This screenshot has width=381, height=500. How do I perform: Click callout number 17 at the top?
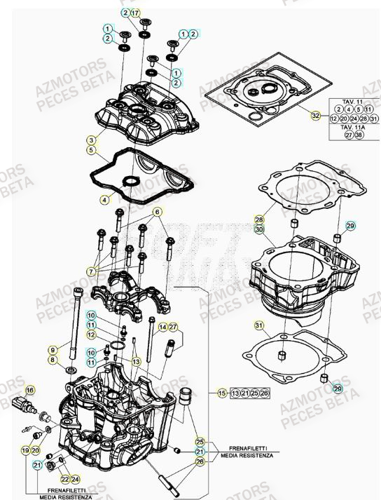136,13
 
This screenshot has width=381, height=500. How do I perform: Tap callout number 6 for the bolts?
158,211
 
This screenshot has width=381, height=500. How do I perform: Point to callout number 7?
91,271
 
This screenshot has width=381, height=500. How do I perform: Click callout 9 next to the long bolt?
53,349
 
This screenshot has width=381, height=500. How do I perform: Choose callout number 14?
162,327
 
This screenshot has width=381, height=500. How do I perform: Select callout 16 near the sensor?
30,389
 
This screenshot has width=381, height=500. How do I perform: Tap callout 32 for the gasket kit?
315,115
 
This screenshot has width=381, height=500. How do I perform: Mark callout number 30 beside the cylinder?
259,229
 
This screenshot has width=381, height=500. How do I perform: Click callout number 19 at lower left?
25,450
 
